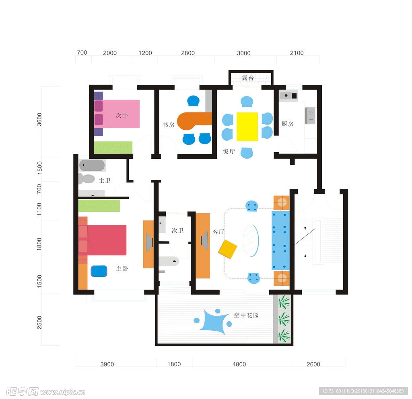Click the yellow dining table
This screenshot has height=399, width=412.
click(247, 127)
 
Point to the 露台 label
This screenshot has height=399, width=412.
click(248, 78)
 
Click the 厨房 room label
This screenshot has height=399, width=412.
click(287, 123)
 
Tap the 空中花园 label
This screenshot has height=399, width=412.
click(246, 315)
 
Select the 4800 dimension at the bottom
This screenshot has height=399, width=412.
click(239, 364)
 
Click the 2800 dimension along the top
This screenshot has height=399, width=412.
click(188, 53)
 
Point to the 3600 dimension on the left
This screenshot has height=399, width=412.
click(39, 119)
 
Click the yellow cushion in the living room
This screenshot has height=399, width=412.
click(228, 249)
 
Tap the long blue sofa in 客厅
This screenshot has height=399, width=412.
click(280, 240)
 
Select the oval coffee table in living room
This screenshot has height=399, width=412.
click(251, 241)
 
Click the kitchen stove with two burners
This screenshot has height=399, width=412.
click(310, 116)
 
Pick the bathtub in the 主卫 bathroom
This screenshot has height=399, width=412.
click(92, 165)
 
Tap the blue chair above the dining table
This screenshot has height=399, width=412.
click(247, 102)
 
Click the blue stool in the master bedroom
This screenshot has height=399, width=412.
click(99, 271)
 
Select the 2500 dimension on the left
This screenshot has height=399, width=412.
click(39, 322)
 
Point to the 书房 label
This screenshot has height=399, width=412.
click(169, 125)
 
